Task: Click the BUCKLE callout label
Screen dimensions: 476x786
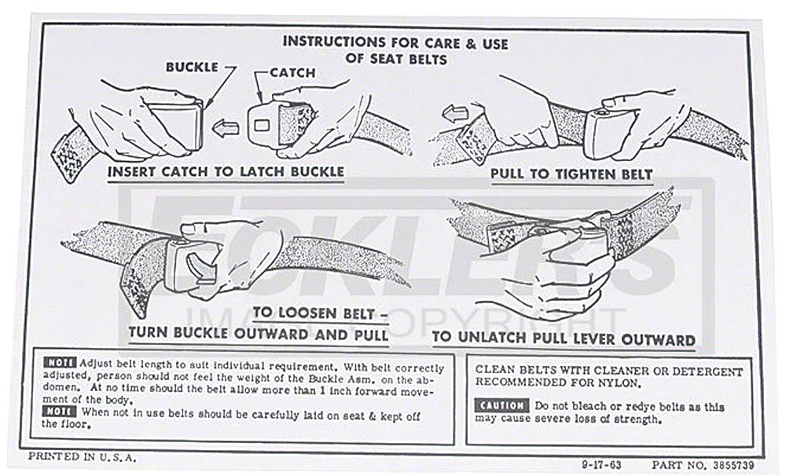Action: [192, 68]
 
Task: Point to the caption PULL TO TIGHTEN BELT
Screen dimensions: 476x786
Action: [571, 174]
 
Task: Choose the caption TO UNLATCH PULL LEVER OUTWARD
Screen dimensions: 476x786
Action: [564, 340]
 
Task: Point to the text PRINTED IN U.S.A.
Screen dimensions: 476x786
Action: [82, 456]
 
